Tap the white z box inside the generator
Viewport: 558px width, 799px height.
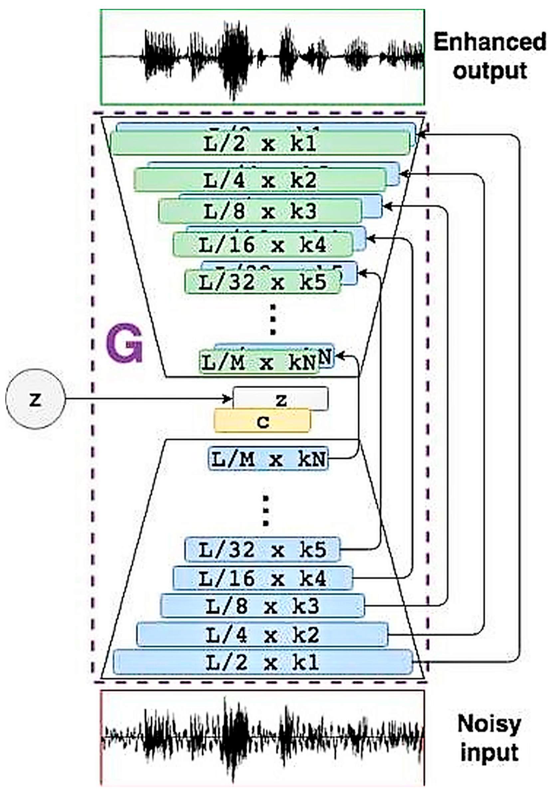click(280, 399)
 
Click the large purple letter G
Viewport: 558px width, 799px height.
click(124, 343)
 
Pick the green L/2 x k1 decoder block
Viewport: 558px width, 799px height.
click(260, 143)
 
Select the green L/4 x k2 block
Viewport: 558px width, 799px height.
click(260, 180)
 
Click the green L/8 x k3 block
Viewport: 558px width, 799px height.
click(260, 211)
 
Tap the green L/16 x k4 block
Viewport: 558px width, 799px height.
click(263, 244)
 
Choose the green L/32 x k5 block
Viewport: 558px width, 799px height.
click(262, 282)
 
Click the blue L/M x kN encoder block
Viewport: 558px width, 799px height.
click(268, 459)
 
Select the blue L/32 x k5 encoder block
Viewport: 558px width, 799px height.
click(262, 549)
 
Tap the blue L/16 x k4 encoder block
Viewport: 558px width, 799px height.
click(263, 578)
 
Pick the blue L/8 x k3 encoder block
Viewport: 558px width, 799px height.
click(262, 606)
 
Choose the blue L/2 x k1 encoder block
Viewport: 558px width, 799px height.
click(263, 662)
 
